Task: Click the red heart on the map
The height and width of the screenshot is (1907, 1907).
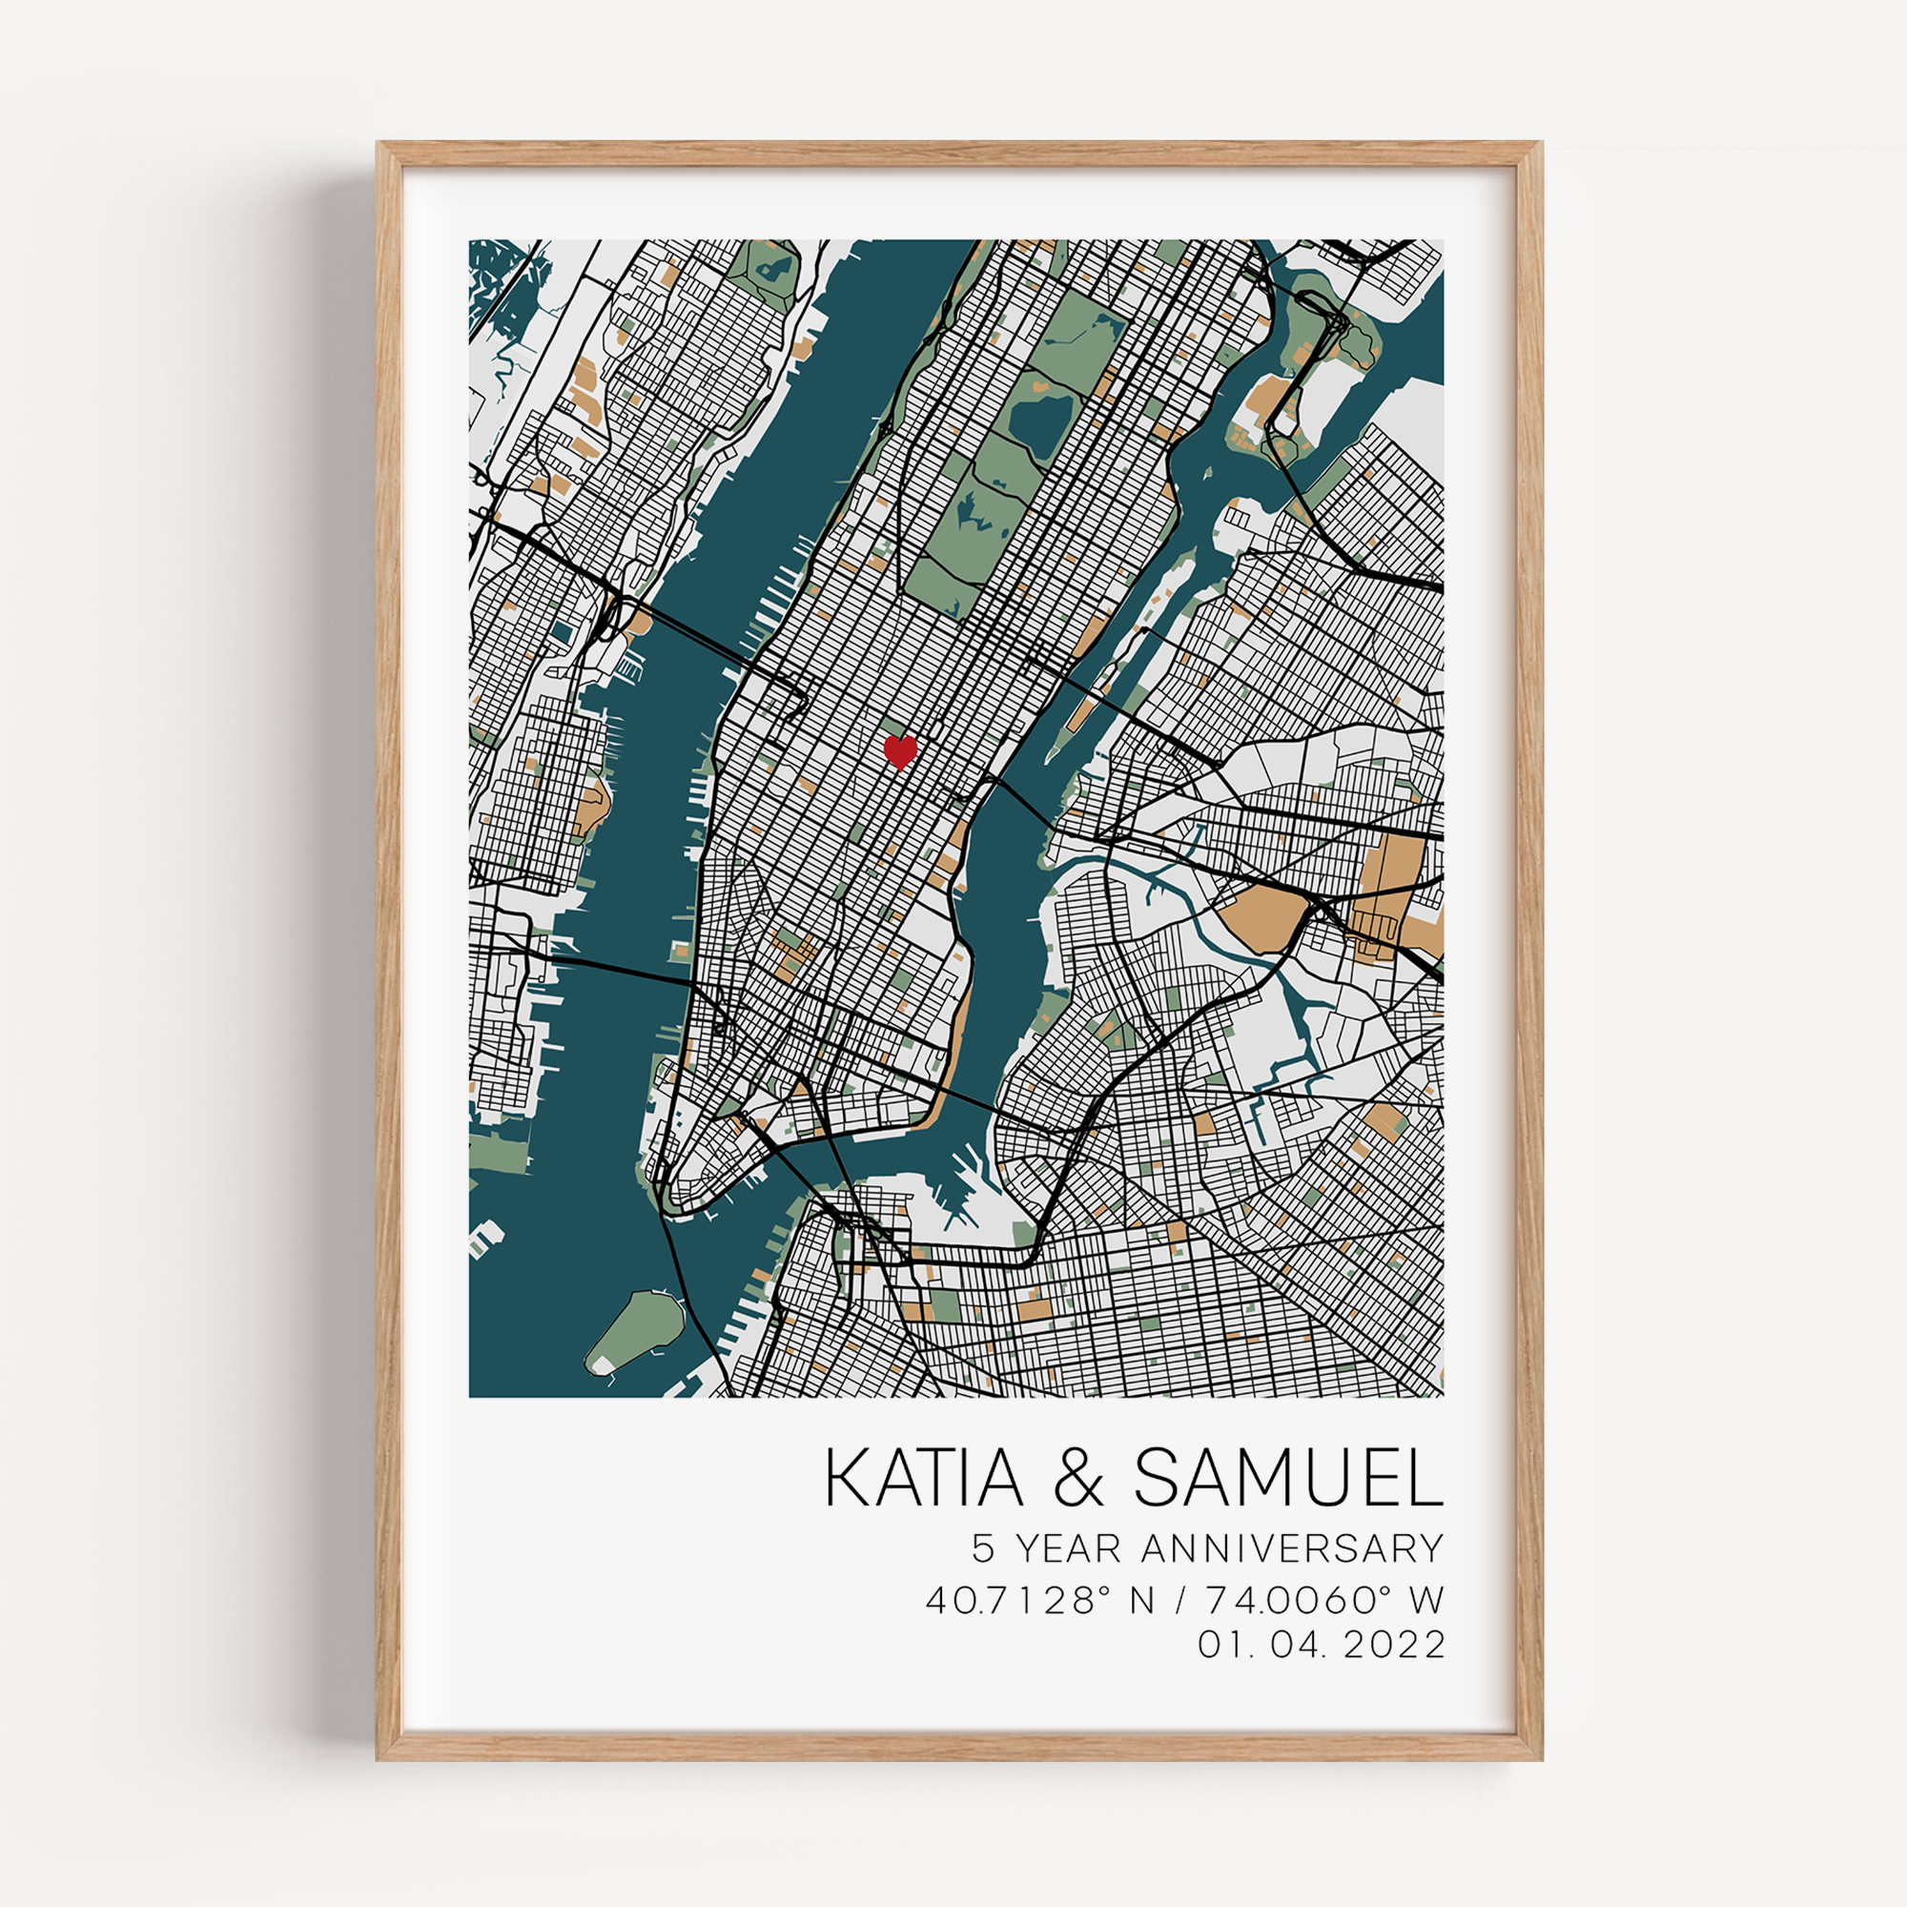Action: click(x=899, y=751)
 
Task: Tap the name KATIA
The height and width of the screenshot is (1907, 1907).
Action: click(x=924, y=1479)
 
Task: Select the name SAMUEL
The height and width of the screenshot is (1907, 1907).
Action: click(x=1288, y=1479)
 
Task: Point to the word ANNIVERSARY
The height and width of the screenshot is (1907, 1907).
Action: click(x=1292, y=1548)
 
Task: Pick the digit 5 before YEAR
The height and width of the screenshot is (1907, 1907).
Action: click(x=983, y=1548)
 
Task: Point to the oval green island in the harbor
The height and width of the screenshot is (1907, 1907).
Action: click(x=635, y=1329)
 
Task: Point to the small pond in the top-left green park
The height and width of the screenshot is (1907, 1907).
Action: click(x=776, y=268)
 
